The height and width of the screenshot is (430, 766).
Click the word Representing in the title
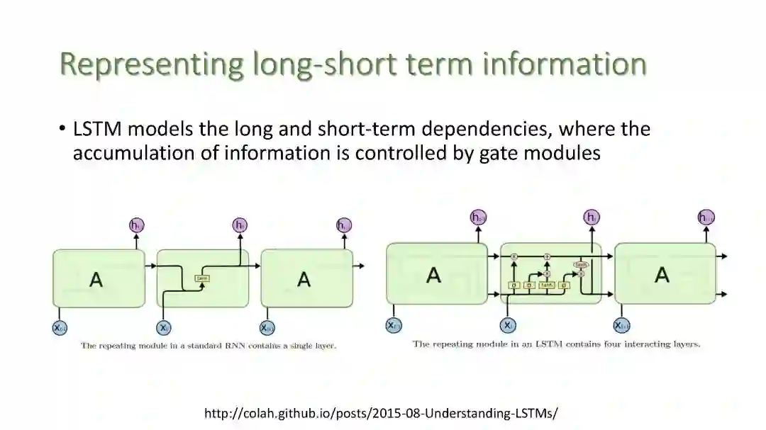tap(151, 64)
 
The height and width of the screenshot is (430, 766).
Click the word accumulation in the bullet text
tap(127, 153)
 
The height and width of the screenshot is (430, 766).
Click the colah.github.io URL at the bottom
tap(381, 413)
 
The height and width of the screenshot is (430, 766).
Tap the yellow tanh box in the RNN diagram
tap(202, 278)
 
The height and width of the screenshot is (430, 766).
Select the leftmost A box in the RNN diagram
tap(97, 278)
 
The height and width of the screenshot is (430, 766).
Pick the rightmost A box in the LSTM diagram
tap(664, 274)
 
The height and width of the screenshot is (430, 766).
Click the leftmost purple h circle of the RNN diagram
tap(136, 225)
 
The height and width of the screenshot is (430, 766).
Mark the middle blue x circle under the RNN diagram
tap(164, 327)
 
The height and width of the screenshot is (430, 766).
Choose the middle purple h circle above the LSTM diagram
tap(591, 217)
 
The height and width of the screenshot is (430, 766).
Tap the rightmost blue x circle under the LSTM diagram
tap(621, 325)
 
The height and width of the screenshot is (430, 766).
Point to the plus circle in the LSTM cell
tap(547, 256)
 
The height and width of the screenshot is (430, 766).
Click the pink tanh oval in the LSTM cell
tap(580, 264)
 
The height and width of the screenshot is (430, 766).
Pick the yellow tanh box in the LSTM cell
tap(546, 285)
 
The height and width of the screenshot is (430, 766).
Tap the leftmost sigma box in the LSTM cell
tap(514, 285)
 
